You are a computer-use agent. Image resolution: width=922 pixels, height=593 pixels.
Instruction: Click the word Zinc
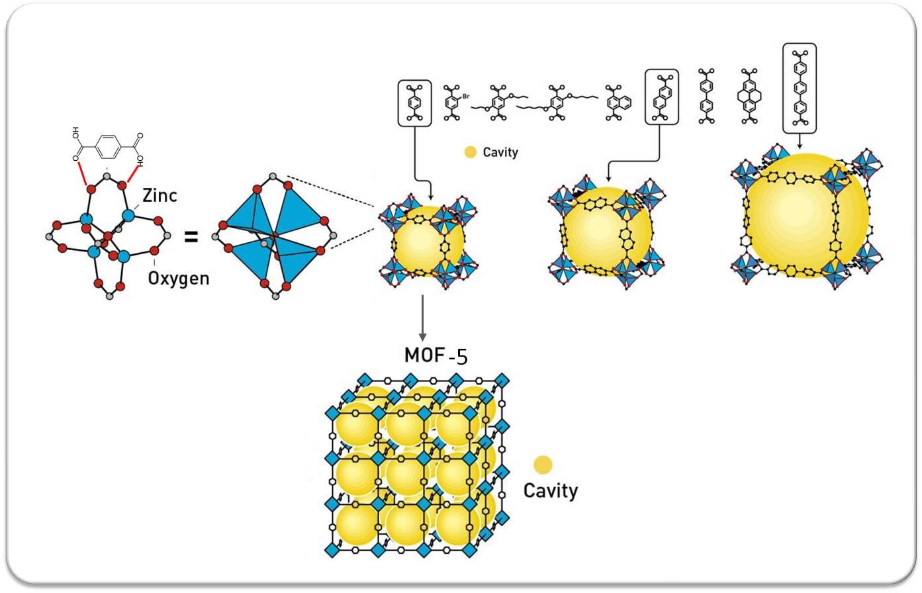click(160, 195)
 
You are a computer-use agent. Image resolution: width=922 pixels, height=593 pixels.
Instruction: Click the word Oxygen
click(178, 278)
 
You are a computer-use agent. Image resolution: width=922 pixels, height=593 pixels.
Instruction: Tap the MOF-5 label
click(436, 355)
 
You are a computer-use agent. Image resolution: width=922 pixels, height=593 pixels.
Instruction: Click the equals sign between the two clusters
click(191, 236)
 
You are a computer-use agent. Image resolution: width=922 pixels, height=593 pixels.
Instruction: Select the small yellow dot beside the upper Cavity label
click(471, 152)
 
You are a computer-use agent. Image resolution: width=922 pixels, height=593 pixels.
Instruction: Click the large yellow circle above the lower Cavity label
click(543, 465)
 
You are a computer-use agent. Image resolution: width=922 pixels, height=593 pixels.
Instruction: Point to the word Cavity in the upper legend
click(500, 152)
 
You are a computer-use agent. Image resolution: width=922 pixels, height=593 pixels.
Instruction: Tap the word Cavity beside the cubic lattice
click(551, 490)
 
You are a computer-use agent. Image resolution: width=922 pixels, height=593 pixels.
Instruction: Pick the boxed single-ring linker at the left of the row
click(415, 103)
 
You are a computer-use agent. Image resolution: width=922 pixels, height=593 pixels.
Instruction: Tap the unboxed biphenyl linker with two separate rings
click(707, 97)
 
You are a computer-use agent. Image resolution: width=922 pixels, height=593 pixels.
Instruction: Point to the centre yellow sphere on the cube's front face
click(404, 475)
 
